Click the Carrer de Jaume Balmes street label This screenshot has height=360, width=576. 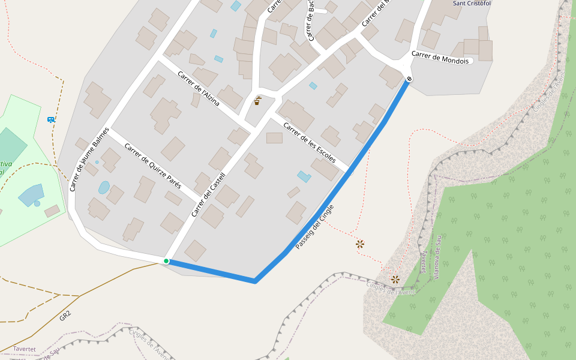coord(89,159)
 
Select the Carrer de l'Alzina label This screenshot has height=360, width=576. coord(199,88)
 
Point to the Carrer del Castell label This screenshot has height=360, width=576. coord(208,194)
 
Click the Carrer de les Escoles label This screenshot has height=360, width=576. coord(309,143)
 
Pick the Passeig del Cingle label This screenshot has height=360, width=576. coord(314,227)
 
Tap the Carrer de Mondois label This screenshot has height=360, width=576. coord(442,58)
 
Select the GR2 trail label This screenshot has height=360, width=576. coord(65,316)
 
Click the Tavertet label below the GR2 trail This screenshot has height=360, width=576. coord(25,349)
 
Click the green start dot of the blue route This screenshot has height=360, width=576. coord(166,261)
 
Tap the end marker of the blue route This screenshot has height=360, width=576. coord(409,79)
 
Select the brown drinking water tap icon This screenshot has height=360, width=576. coord(257,101)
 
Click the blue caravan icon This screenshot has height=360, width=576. coord(51,119)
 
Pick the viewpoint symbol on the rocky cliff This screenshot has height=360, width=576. coord(395,279)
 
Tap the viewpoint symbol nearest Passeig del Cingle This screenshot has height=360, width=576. coord(360,244)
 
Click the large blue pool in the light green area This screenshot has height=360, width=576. coord(31,194)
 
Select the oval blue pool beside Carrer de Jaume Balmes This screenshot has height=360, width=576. coord(104,187)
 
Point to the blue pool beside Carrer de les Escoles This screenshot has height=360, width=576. coord(304,176)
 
